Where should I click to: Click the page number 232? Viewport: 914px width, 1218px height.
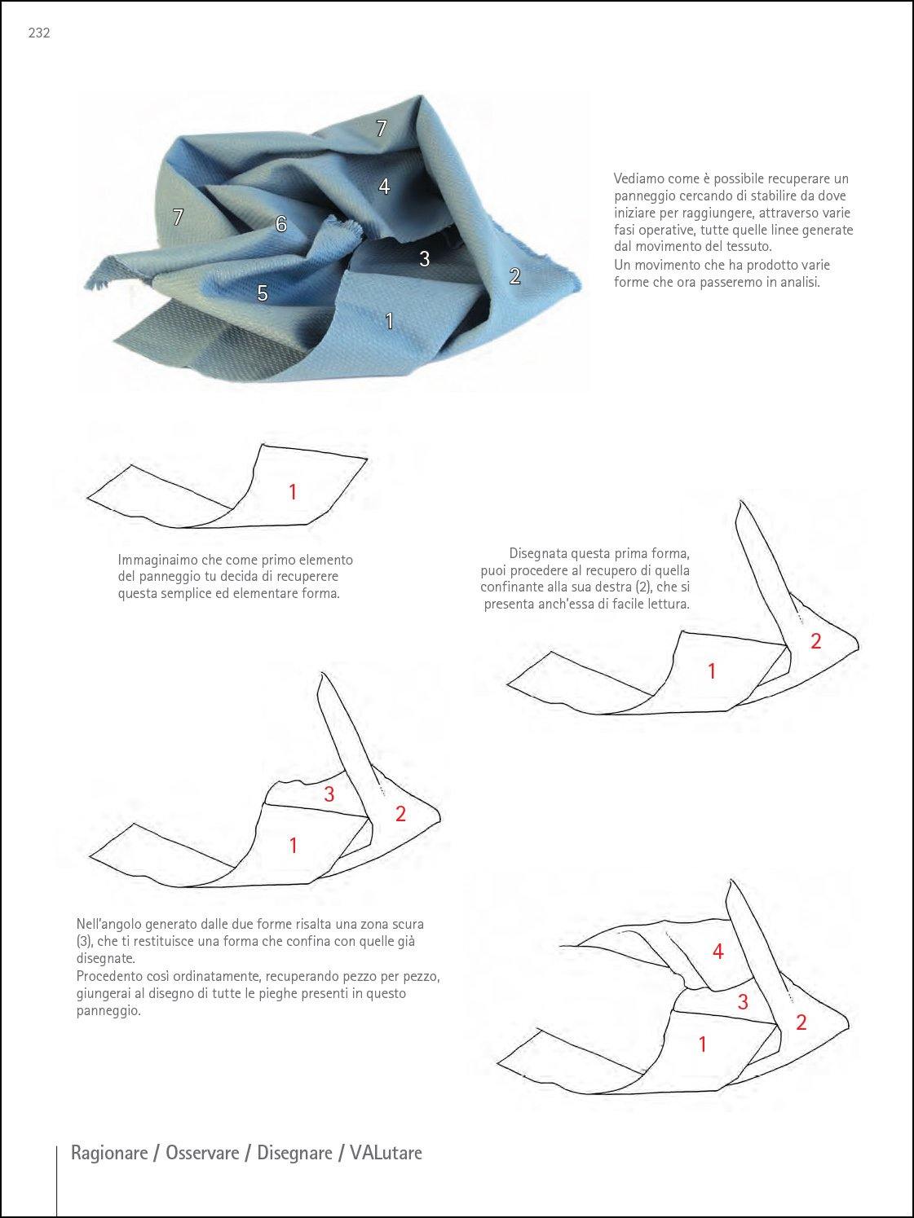pos(39,33)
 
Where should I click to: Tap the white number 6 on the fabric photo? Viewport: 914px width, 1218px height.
pos(281,224)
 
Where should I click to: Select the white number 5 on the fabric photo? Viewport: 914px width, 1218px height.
pos(263,293)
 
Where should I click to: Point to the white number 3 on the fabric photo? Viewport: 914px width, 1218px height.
pos(424,258)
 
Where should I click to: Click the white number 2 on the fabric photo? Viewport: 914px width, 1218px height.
pos(514,276)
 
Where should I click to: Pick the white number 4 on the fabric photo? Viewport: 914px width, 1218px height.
pos(384,187)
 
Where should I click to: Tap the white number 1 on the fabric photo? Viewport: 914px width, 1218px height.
pos(389,321)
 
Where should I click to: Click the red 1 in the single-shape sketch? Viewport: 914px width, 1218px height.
pos(293,491)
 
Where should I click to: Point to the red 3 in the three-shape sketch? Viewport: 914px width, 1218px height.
pos(329,794)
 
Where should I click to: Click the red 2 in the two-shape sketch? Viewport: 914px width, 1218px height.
pos(815,641)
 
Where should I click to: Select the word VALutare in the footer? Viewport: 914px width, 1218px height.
pos(386,1153)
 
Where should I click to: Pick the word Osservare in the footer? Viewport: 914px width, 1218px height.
pos(203,1153)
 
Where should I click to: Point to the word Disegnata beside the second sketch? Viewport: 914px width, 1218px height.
pos(537,554)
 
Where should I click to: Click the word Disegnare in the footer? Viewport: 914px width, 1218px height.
pos(294,1153)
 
